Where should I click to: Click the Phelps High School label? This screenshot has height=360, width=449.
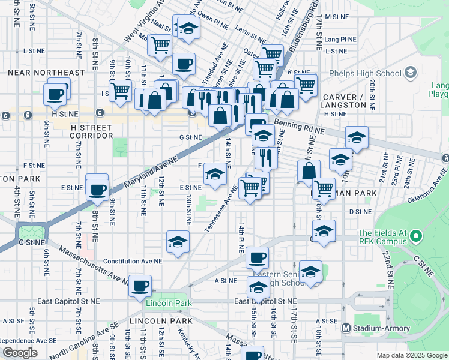[365, 74]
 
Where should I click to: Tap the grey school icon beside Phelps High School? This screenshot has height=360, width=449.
[411, 73]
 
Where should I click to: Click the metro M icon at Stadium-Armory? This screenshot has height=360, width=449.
[346, 328]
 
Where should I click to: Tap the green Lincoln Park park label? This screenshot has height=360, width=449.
[169, 303]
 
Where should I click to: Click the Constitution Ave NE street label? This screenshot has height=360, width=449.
[133, 262]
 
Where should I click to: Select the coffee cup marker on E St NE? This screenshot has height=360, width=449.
[97, 190]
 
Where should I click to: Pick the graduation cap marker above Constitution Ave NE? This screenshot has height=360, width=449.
[178, 241]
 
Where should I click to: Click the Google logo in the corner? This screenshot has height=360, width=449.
[20, 353]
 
